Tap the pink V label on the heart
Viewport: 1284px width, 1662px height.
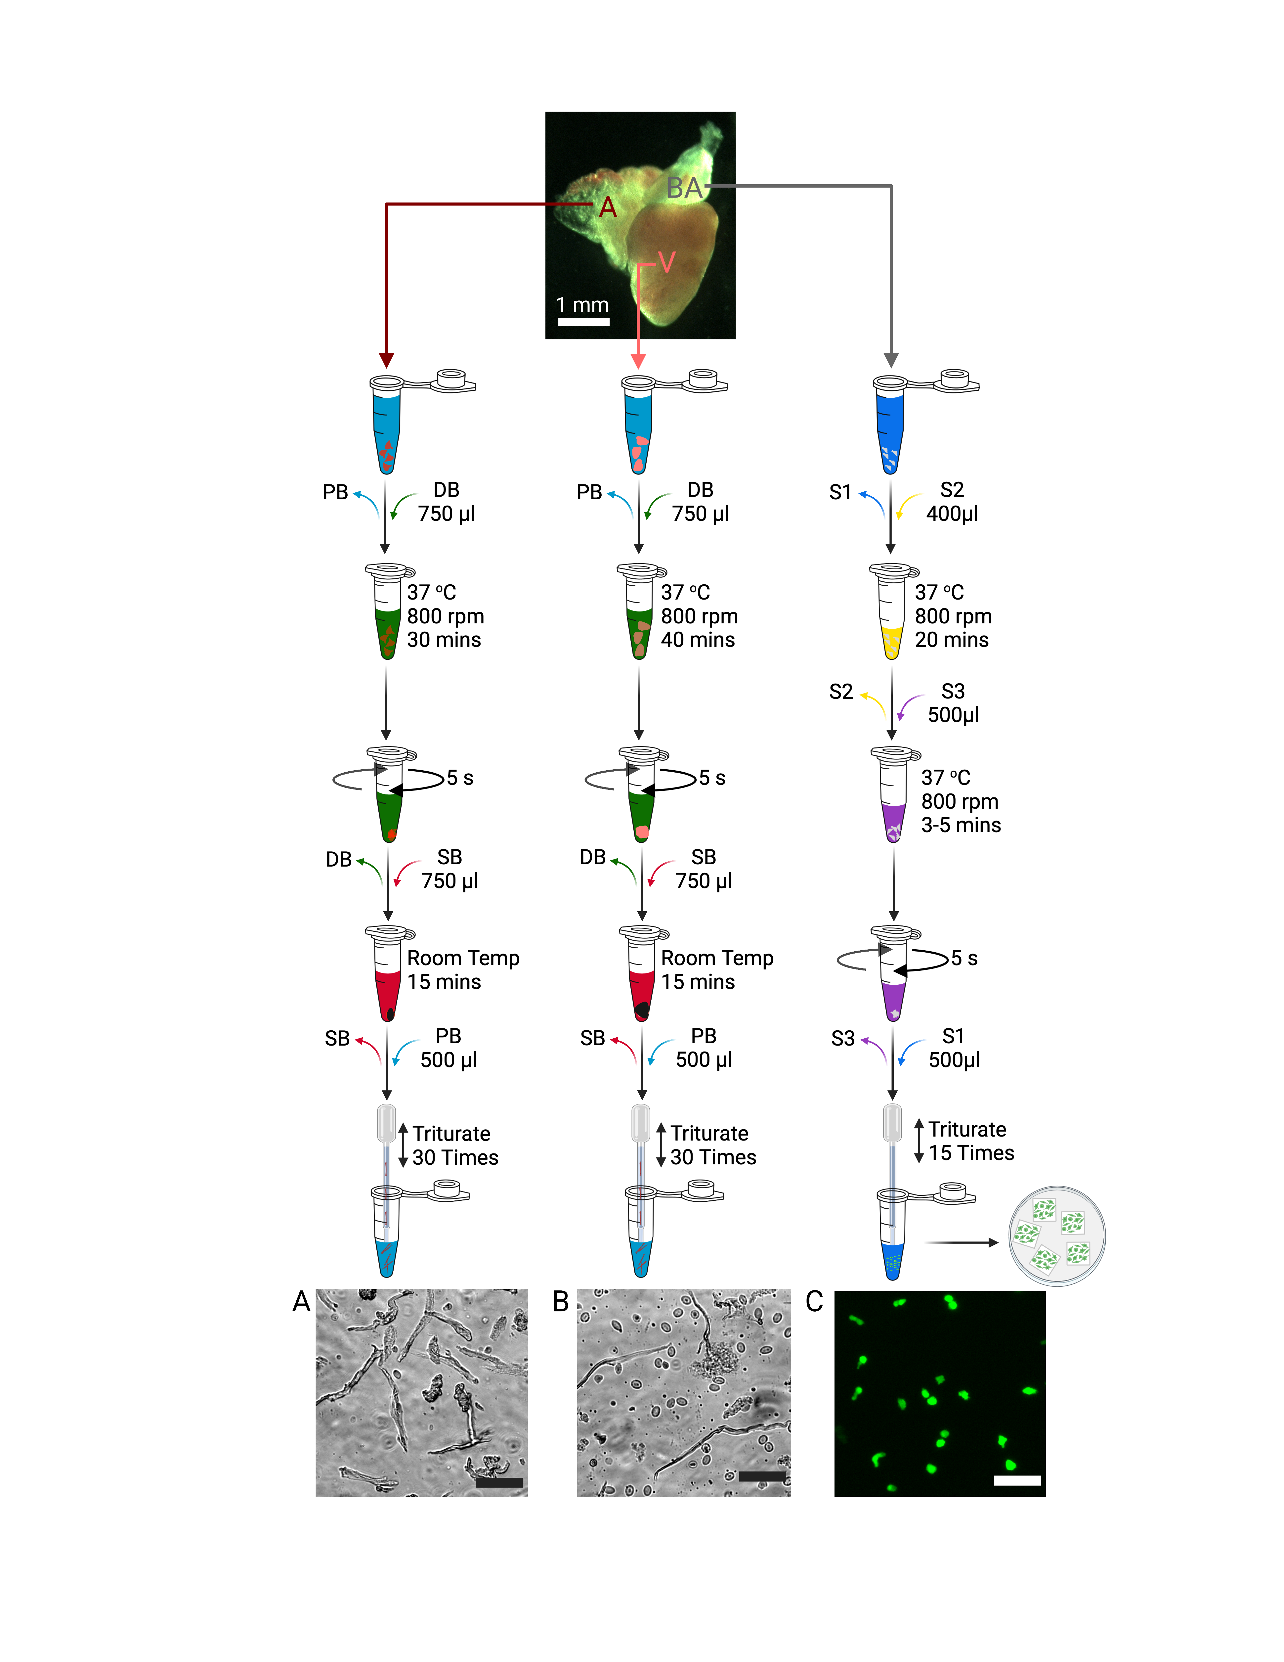coord(666,262)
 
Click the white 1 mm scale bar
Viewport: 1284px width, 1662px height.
coord(583,322)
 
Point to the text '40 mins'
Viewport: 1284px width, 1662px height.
coord(698,640)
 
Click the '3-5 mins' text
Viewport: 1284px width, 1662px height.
coord(961,825)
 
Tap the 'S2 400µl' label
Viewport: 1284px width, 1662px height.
coord(952,502)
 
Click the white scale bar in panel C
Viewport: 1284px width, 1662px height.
coord(1017,1480)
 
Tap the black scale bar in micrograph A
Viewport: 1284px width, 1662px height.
coord(499,1482)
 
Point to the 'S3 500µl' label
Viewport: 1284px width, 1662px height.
coord(953,703)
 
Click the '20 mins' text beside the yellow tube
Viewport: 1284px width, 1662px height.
coord(952,640)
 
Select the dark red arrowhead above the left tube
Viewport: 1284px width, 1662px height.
coord(386,360)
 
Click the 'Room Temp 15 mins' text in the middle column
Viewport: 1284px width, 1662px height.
coord(716,969)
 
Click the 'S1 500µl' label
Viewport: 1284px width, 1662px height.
coord(954,1048)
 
